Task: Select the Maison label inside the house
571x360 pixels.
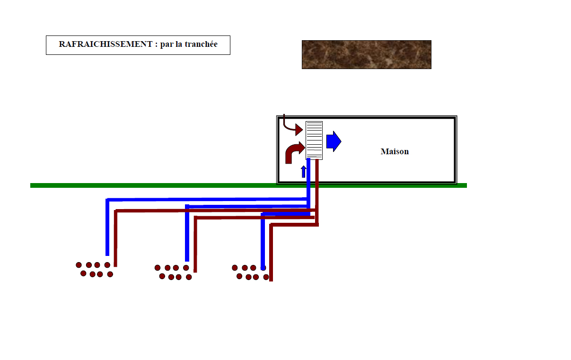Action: click(395, 152)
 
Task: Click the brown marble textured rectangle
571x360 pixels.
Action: click(366, 54)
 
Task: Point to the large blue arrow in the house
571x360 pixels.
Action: click(334, 141)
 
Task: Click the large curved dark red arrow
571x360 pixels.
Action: click(294, 153)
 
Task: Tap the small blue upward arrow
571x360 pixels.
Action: click(304, 172)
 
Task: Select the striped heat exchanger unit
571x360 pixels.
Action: click(314, 140)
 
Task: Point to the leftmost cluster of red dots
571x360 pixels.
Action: click(95, 270)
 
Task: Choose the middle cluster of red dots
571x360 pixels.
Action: click(173, 272)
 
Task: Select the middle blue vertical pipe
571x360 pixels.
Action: click(187, 234)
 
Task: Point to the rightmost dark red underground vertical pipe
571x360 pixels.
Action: click(271, 253)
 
